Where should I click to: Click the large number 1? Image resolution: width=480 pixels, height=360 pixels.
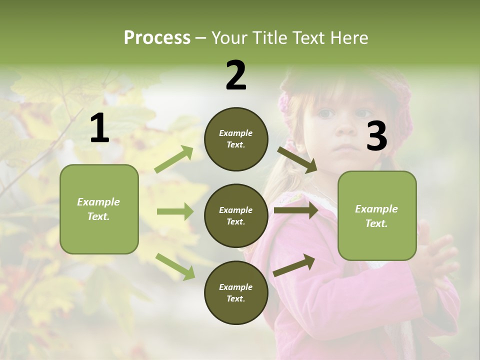(x=99, y=128)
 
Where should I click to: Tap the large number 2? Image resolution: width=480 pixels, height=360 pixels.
(x=236, y=75)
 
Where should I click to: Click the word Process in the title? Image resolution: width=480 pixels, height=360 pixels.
(x=157, y=37)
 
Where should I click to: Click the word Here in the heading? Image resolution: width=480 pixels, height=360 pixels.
(x=349, y=37)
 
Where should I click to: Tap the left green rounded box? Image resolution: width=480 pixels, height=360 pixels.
(x=99, y=209)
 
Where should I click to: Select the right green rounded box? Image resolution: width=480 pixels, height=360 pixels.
(x=377, y=216)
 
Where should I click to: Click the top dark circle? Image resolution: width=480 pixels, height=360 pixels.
(x=236, y=139)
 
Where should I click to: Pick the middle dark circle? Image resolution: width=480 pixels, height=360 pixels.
(x=236, y=216)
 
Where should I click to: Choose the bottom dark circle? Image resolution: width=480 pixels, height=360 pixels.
(x=236, y=293)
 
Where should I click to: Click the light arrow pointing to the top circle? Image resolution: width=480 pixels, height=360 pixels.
(x=174, y=159)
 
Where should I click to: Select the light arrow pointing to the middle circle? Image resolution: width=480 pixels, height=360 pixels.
(x=175, y=212)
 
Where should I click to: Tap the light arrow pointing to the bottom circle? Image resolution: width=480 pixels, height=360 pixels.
(x=175, y=266)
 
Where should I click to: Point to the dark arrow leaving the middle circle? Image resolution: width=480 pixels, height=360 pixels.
(x=296, y=210)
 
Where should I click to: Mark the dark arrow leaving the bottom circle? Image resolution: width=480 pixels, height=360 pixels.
(x=294, y=265)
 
